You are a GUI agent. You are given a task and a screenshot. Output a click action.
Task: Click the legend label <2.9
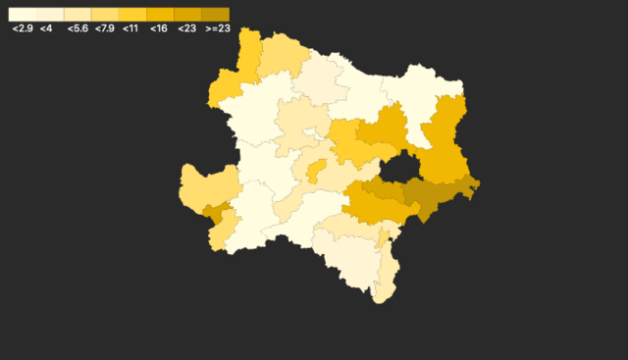(23, 29)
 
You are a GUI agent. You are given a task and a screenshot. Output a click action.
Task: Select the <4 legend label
(46, 29)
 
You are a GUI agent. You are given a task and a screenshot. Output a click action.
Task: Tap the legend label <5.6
(78, 29)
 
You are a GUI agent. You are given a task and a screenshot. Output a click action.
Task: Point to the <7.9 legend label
(105, 29)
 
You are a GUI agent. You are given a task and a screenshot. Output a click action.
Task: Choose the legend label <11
(131, 29)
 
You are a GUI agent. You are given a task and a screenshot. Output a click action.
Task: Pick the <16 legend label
(158, 29)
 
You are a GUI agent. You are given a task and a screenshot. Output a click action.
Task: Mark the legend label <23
(186, 29)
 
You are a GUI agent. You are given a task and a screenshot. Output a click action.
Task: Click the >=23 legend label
(217, 29)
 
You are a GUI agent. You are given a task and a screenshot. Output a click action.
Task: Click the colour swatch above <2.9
(23, 15)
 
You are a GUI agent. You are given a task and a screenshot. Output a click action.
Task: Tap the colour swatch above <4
(50, 15)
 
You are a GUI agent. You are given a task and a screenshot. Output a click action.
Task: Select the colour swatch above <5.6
(78, 15)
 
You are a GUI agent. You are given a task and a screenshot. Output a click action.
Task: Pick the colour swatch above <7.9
(105, 15)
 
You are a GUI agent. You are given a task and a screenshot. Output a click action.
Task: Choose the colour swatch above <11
(132, 15)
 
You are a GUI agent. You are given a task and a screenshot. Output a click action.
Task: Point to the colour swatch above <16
(160, 15)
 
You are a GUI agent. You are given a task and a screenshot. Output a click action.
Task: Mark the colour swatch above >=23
(215, 15)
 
